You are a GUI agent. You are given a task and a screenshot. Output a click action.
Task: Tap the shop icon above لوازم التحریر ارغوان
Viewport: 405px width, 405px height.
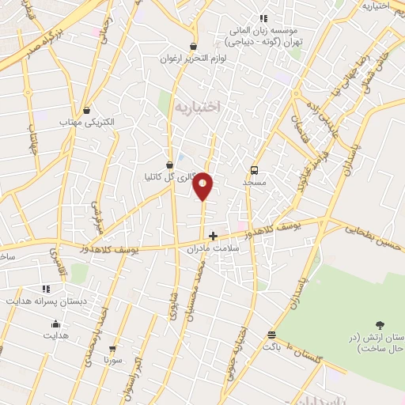(x=194, y=47)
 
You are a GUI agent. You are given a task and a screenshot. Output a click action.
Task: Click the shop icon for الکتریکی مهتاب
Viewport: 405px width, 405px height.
(x=87, y=111)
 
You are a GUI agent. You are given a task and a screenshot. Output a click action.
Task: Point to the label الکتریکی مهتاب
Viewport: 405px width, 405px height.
(x=87, y=123)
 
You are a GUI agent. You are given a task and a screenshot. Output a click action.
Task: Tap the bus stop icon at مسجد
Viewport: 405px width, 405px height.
(x=254, y=170)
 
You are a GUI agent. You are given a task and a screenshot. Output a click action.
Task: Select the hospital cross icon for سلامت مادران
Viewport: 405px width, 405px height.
(x=213, y=235)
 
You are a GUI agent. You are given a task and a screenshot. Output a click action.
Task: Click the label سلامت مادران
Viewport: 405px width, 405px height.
(x=213, y=248)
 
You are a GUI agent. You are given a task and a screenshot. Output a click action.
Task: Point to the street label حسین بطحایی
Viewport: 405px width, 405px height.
(x=373, y=230)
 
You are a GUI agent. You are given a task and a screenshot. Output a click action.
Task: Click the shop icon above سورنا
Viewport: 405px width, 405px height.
(x=112, y=348)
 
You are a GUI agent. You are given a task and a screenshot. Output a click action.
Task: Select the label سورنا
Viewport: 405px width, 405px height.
(x=112, y=360)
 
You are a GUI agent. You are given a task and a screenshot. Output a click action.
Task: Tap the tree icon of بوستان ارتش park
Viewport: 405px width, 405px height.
(x=380, y=324)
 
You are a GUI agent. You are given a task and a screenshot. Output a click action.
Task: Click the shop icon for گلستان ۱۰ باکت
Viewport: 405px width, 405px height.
(x=272, y=335)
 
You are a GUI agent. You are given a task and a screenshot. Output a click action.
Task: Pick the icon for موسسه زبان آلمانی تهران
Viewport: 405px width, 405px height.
(x=263, y=19)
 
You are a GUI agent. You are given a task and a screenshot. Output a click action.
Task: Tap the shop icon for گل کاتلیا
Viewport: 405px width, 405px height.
(x=170, y=165)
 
